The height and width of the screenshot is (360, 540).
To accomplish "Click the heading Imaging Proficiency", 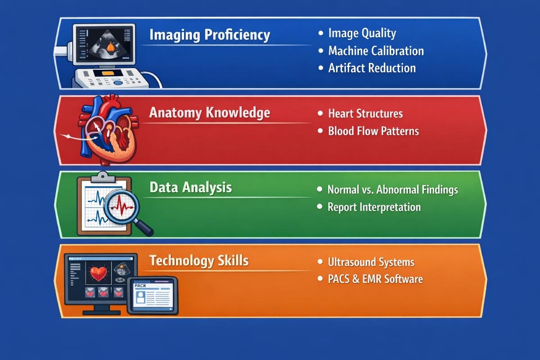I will [x=209, y=35].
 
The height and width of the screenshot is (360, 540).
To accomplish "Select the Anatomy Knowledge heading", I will [x=209, y=112].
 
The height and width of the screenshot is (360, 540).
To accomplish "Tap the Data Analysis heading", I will [x=190, y=187].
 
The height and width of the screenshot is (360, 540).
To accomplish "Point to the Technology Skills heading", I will [x=198, y=261].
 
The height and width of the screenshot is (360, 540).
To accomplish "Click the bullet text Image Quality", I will [x=362, y=33].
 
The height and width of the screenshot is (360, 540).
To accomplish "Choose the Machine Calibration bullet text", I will [x=376, y=50].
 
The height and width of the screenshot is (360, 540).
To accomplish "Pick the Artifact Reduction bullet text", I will [x=372, y=68].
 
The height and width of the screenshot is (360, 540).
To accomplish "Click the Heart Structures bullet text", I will [x=365, y=114].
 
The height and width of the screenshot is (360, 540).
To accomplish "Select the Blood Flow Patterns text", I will [x=373, y=131].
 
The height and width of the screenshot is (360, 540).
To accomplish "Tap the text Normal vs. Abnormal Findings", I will [x=392, y=189].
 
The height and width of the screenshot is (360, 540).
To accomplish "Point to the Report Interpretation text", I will [x=374, y=207].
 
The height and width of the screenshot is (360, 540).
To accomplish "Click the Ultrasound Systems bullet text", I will [x=371, y=262].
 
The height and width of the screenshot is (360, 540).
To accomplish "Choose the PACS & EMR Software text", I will [x=375, y=279].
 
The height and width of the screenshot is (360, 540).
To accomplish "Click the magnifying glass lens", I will [x=122, y=207].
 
